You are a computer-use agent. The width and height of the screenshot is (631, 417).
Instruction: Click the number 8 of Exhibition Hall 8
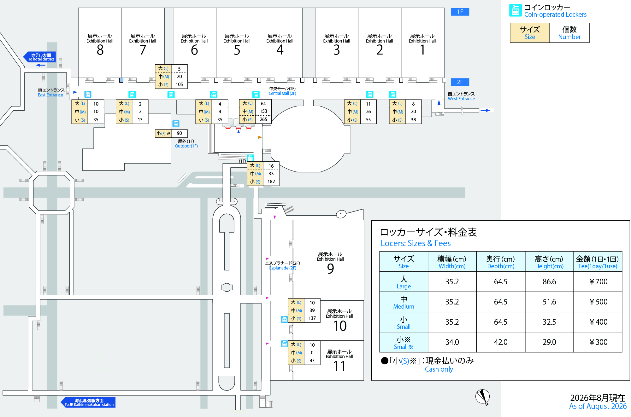[x=100, y=50]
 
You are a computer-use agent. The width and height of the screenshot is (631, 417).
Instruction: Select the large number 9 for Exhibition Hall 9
[x=330, y=269]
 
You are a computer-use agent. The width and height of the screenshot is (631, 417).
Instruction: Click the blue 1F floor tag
[x=460, y=12]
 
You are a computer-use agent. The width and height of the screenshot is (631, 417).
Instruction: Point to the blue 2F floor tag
[x=460, y=82]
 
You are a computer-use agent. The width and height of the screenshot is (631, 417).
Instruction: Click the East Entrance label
[x=51, y=93]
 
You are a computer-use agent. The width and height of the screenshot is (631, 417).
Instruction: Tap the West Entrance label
[x=461, y=96]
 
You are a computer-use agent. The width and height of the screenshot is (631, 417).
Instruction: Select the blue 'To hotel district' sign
[x=40, y=57]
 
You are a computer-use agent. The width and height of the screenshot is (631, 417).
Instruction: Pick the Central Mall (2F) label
[x=282, y=91]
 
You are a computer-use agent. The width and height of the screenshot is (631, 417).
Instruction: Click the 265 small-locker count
[x=263, y=119]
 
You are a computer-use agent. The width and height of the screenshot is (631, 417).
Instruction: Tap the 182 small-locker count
[x=271, y=182]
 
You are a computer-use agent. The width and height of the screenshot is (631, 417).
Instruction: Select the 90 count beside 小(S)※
[x=179, y=133]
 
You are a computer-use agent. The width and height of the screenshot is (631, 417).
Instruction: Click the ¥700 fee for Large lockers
[x=598, y=281]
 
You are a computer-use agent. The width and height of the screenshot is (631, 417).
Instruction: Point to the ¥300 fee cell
[x=598, y=342]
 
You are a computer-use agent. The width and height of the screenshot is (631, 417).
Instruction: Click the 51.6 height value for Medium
[x=549, y=302]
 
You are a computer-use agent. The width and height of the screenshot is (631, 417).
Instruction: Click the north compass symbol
[x=483, y=397]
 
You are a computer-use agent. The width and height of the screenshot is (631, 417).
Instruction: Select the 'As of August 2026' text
[x=598, y=406]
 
